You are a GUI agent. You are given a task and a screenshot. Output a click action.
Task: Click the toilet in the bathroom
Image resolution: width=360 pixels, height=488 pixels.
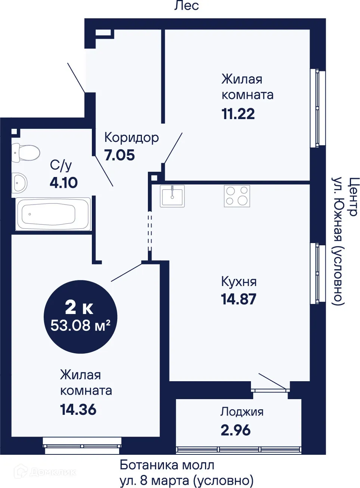[x=26, y=153]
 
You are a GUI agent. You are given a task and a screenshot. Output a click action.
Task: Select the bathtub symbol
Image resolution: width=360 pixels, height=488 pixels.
[x=53, y=214]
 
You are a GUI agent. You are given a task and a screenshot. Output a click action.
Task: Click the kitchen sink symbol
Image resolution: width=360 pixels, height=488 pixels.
[x=172, y=196]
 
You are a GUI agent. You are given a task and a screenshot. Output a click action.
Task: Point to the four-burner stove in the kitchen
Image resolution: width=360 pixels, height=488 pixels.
[x=237, y=196]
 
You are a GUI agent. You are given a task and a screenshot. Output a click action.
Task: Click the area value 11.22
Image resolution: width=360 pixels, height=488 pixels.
[x=238, y=114]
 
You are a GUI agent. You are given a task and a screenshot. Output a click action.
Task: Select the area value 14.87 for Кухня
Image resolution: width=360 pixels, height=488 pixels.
[x=238, y=299]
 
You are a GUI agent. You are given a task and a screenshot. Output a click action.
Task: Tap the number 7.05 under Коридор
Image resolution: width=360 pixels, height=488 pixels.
[x=120, y=155]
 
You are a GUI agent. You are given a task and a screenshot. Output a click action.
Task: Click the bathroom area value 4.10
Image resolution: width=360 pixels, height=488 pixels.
[x=63, y=183]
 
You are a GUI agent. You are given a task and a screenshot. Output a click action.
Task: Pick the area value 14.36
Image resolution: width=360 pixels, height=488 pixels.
[x=78, y=410]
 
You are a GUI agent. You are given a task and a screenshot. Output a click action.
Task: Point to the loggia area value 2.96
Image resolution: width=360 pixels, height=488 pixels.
[x=235, y=430]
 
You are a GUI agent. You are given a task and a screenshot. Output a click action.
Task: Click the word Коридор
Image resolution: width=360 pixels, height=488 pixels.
[x=131, y=137]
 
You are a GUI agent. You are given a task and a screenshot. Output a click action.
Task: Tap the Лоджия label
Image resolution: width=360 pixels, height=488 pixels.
[x=242, y=411]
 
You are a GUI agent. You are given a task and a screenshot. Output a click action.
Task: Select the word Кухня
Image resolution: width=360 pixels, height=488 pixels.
[x=239, y=282]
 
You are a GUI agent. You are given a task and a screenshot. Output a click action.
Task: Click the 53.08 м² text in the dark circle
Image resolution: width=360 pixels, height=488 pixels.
[x=80, y=326]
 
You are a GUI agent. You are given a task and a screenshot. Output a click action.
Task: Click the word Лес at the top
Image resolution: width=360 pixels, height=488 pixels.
[x=186, y=5]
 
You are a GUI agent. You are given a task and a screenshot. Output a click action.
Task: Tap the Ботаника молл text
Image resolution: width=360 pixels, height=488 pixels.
[x=167, y=465]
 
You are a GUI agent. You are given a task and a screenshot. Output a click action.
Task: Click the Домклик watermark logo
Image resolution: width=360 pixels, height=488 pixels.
[x=45, y=472]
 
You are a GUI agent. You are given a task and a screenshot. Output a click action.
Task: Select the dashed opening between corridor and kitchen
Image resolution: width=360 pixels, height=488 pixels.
[x=150, y=231]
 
